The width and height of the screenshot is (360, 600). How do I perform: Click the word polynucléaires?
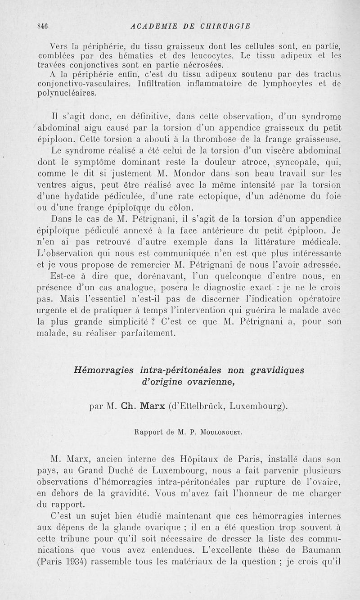67,93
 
